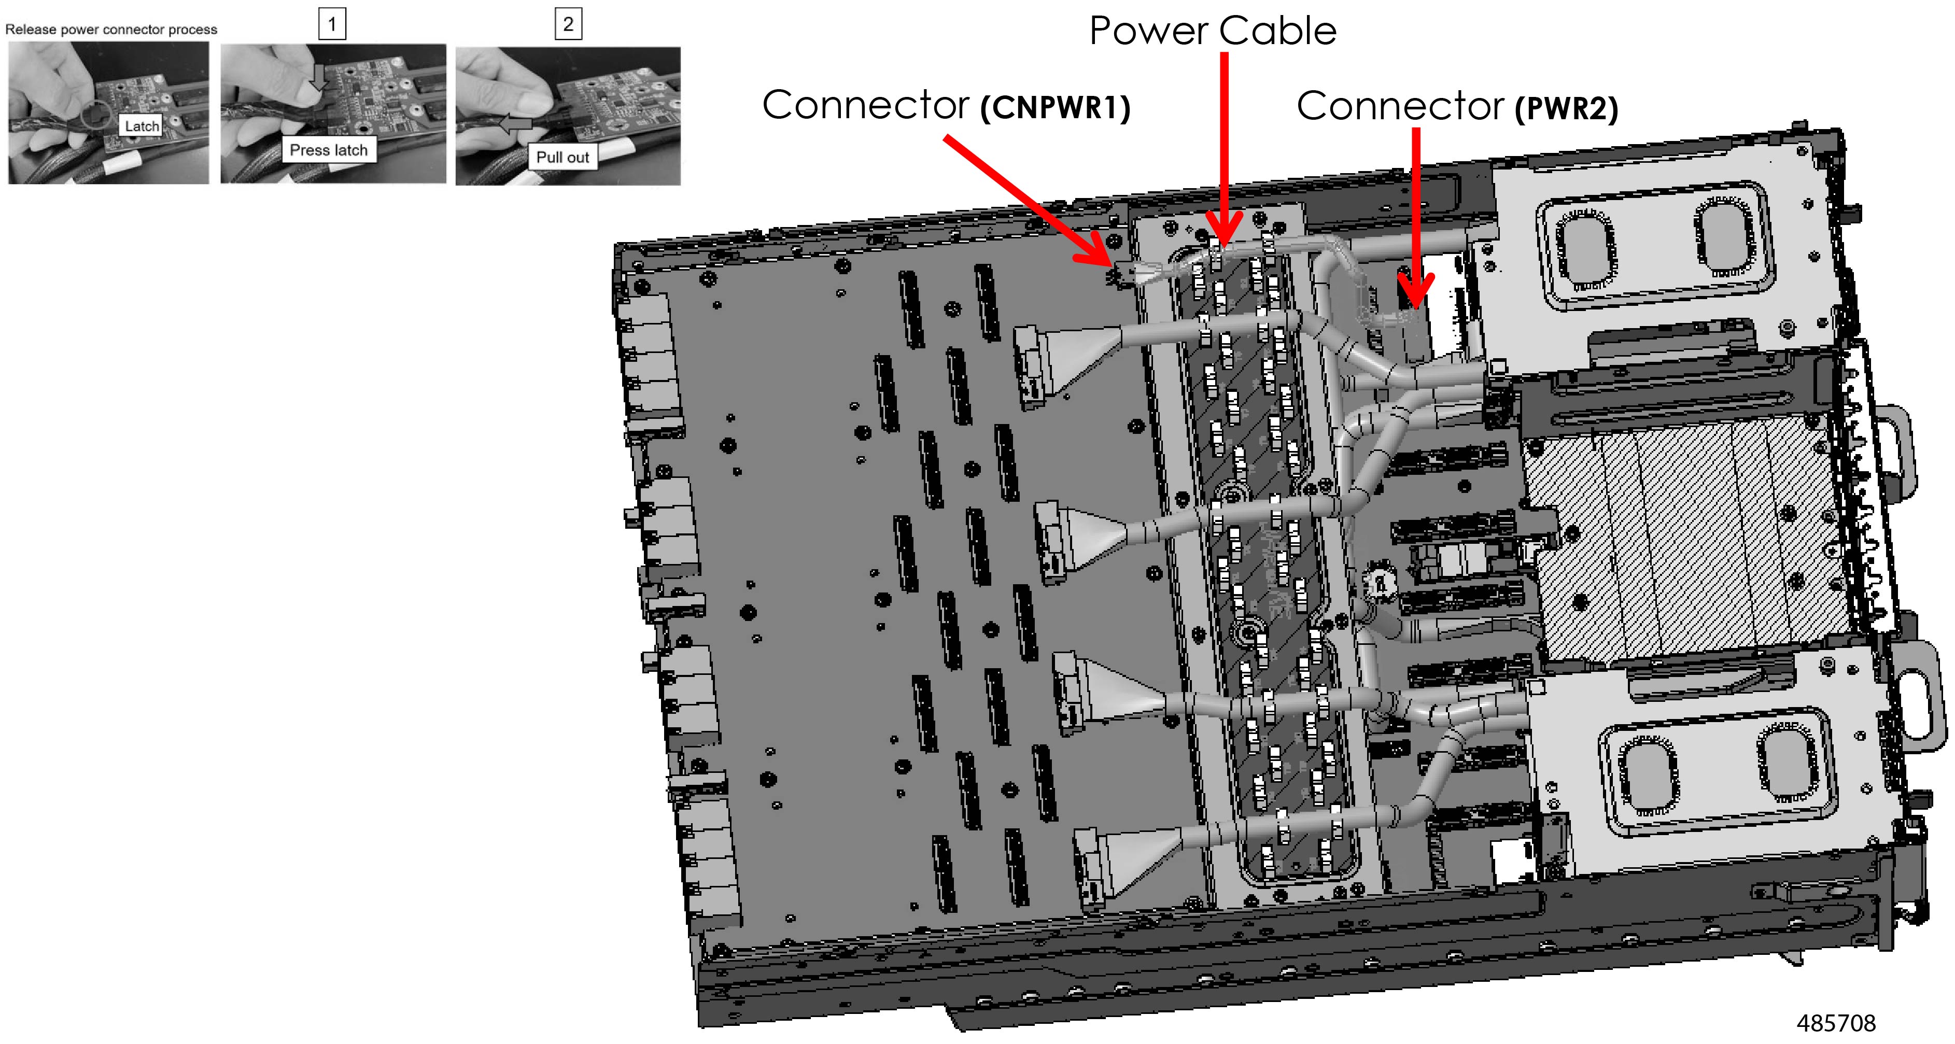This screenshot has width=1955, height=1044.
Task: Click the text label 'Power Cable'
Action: click(x=1212, y=32)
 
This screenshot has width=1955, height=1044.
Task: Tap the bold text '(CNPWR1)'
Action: click(x=1055, y=108)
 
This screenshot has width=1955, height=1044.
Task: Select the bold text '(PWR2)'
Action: click(x=1566, y=108)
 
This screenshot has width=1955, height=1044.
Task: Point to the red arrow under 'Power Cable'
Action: click(x=1224, y=152)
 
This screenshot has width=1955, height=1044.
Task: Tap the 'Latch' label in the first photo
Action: click(x=142, y=126)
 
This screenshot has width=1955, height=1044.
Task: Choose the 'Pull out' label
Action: click(x=562, y=157)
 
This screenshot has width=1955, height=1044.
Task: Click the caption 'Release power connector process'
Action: click(x=111, y=30)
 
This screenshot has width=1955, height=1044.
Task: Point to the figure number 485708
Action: click(x=1835, y=1023)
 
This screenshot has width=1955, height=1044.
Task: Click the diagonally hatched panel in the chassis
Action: click(x=1685, y=539)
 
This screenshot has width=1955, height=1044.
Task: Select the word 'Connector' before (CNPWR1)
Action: click(x=865, y=105)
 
